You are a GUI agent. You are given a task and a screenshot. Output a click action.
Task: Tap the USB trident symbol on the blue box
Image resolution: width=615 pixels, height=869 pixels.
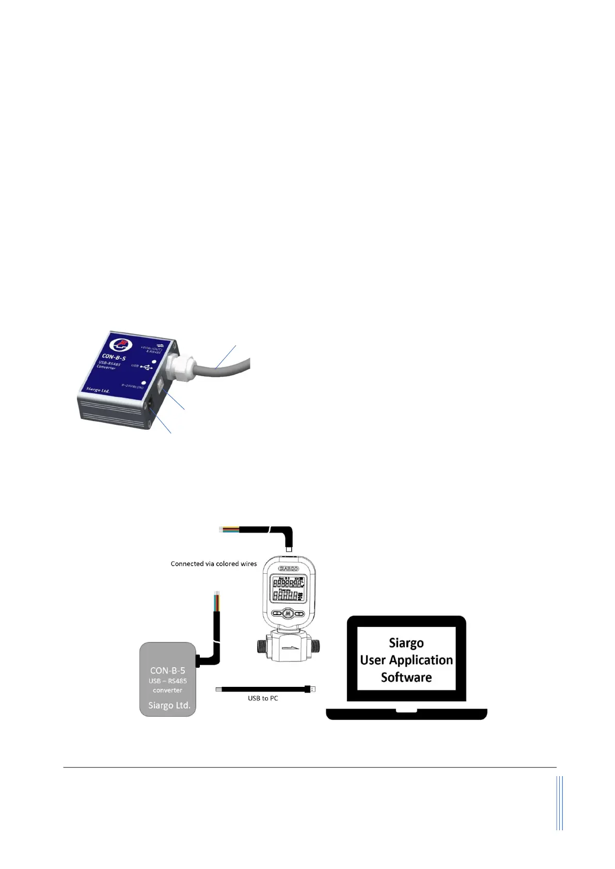click(x=147, y=367)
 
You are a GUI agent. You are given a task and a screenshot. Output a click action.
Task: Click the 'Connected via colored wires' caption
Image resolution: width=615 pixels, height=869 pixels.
click(x=214, y=564)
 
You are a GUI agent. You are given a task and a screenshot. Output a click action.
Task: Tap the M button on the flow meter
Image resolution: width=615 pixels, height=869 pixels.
click(x=288, y=614)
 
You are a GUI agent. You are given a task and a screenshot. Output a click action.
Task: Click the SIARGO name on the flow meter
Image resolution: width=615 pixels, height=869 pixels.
click(x=289, y=569)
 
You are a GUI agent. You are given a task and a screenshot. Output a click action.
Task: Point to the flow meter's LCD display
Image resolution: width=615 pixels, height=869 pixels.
click(x=289, y=589)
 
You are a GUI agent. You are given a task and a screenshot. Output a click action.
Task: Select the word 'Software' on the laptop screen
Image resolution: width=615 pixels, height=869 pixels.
click(x=406, y=678)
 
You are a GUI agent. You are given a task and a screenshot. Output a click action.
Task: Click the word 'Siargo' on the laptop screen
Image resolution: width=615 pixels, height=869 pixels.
click(x=406, y=643)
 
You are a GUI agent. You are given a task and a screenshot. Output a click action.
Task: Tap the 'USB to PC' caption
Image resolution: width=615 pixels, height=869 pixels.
click(x=263, y=698)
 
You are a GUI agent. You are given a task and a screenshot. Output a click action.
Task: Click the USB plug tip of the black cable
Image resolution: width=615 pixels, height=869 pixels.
click(x=312, y=689)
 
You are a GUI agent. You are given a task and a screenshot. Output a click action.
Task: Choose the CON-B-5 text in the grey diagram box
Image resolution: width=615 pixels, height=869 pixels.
click(x=167, y=670)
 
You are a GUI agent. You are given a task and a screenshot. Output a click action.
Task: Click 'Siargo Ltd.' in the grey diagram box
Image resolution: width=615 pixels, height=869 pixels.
click(x=169, y=705)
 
